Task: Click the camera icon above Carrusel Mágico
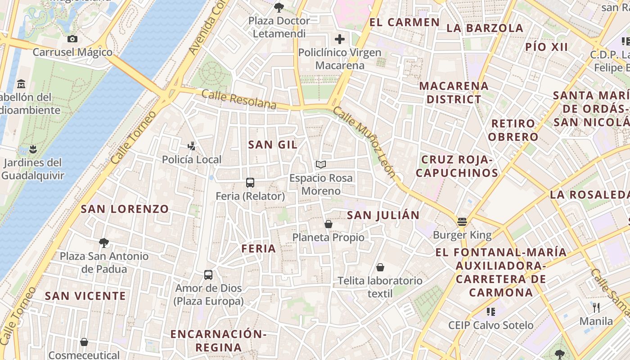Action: pos(72,39)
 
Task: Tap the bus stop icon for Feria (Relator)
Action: pos(250,183)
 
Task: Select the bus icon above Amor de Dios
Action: pos(208,274)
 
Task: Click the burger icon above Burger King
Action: pos(462,221)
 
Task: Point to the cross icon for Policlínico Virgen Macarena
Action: pos(340,39)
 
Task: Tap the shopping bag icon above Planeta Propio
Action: pos(328,224)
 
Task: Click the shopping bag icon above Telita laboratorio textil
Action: pos(380,267)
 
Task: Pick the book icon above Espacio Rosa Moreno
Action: pos(320,164)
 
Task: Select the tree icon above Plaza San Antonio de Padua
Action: pos(104,243)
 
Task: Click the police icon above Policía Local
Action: pos(192,146)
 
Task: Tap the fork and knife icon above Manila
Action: pos(596,308)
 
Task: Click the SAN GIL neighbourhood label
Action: pos(273,144)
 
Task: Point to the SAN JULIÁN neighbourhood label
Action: pos(383,215)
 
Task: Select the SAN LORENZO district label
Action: pos(125,209)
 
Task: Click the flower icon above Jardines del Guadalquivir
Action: pos(32,148)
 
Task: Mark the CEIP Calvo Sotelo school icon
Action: pos(490,311)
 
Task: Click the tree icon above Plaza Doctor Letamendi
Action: pos(279,7)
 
